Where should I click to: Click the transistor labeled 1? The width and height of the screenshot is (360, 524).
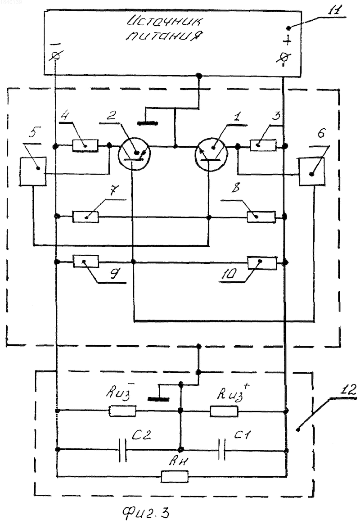pos(211,155)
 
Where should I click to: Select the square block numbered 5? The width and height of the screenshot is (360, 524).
pos(33,171)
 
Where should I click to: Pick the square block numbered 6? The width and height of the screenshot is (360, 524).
pos(311,172)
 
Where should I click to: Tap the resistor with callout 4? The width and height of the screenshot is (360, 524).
pos(85,146)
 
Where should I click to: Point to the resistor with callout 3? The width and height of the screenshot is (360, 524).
pos(263,145)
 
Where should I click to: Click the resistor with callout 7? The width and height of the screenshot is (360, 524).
pos(85,217)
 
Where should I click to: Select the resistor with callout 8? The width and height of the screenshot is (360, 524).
pos(261,217)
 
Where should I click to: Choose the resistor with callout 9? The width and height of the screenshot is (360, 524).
pos(86,262)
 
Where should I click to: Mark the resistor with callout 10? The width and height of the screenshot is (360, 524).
pos(262,263)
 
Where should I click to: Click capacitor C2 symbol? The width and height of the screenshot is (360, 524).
pos(123,450)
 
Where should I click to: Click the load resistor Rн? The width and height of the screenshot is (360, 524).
pos(174,476)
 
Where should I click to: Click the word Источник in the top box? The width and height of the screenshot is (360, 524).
pos(164,22)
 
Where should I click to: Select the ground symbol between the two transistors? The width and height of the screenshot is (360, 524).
pos(148,123)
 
